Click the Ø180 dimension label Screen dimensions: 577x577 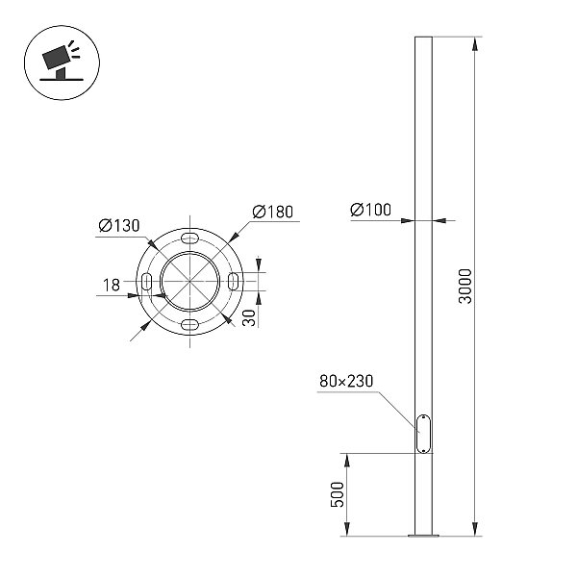coord(273,212)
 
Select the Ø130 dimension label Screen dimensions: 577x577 coord(119,225)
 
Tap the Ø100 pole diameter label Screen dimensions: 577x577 coord(370,210)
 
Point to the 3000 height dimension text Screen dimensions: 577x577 coord(465,287)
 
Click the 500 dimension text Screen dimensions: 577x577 coord(338,494)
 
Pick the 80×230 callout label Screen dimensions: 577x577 coord(346,381)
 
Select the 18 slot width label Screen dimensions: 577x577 coord(112,285)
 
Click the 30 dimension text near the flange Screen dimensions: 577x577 coord(249,318)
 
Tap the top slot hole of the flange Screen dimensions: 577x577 coord(189,238)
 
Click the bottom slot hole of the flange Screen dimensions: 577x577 coord(189,325)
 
